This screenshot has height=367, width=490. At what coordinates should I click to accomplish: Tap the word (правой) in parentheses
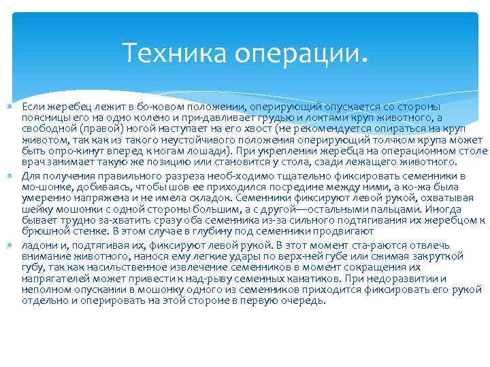(98, 129)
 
